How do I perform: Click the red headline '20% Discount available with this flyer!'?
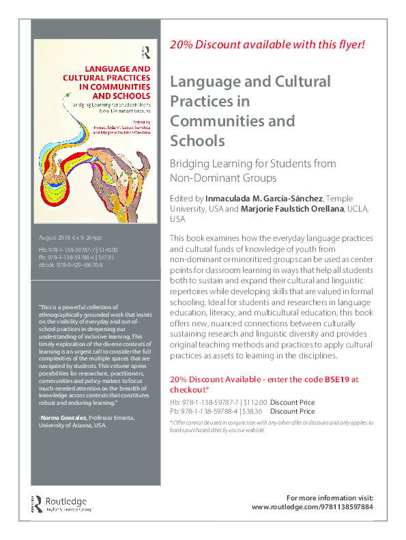[267, 45]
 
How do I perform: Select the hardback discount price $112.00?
[252, 403]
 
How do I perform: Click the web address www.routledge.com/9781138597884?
[313, 507]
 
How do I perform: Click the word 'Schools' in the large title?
[197, 141]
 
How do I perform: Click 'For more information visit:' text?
[330, 497]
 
